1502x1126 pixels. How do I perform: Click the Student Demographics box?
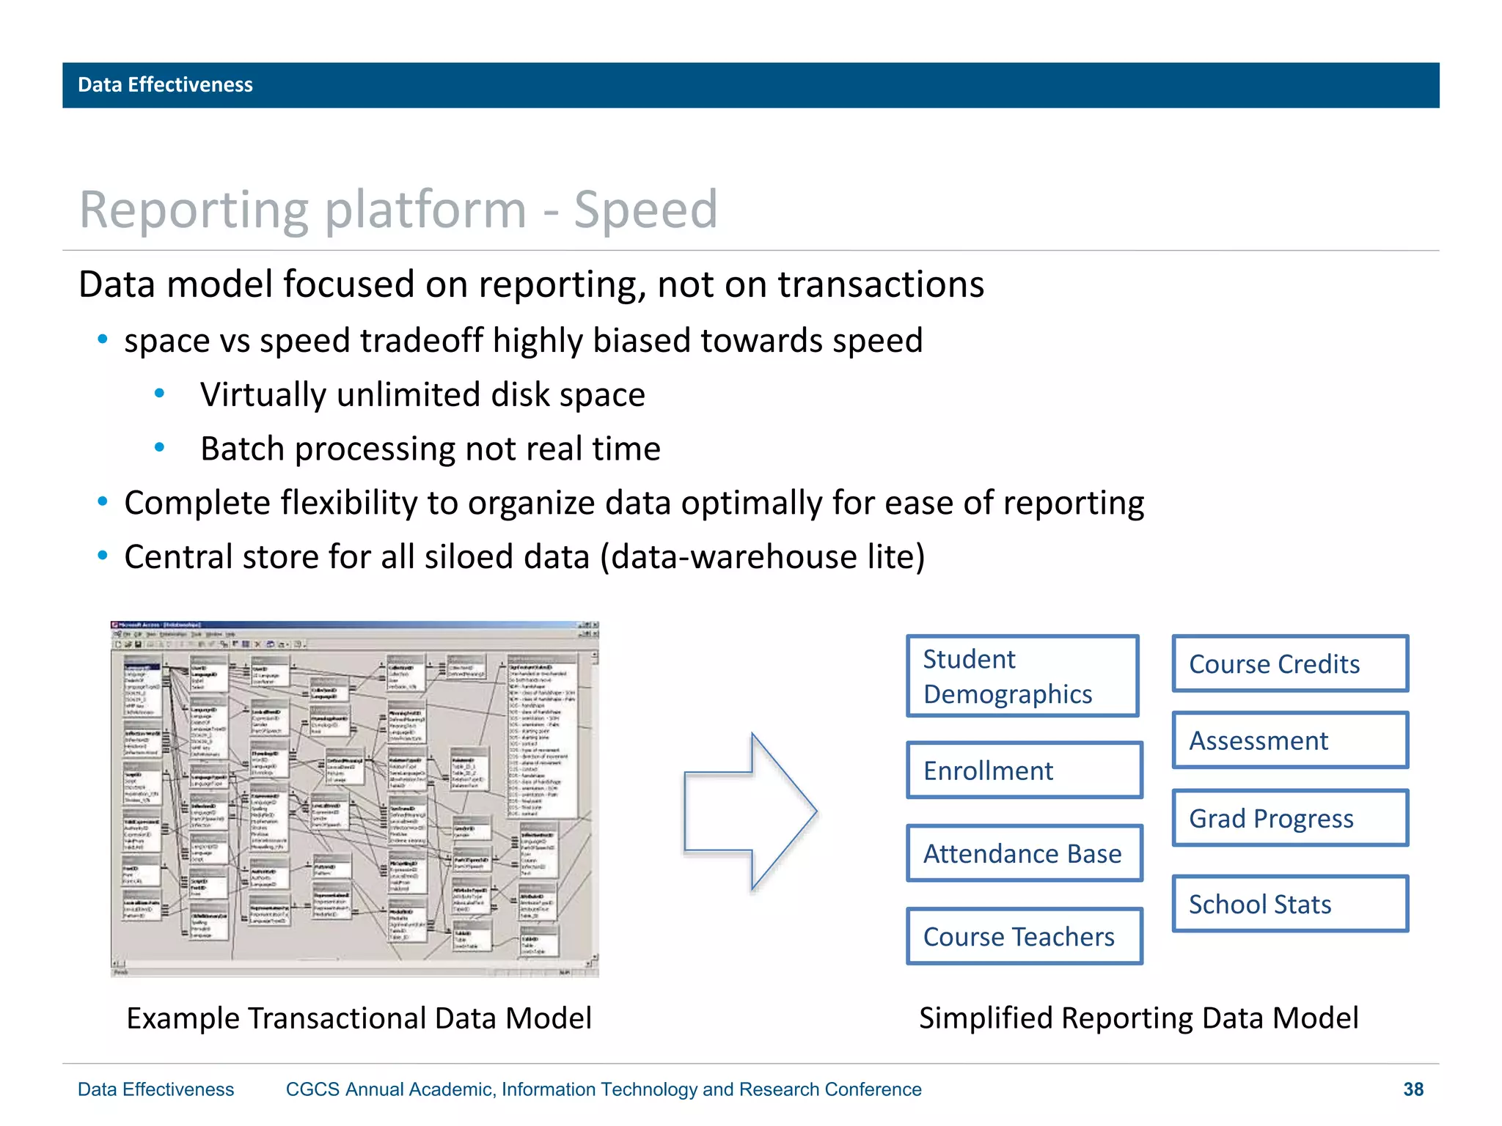coord(1022,676)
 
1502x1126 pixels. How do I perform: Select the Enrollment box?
coord(1025,770)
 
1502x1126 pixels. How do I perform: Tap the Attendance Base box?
coord(1025,853)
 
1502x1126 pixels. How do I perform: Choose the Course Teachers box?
coord(1025,936)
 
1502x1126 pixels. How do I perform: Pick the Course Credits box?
coord(1290,663)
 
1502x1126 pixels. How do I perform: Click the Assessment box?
coord(1290,740)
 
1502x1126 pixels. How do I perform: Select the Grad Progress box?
coord(1290,818)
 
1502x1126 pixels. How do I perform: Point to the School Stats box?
coord(1290,904)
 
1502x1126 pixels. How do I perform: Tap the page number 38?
coord(1413,1089)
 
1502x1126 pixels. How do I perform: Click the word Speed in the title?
coord(645,210)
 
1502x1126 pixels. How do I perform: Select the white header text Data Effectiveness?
coord(165,85)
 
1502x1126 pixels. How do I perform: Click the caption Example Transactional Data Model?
coord(359,1018)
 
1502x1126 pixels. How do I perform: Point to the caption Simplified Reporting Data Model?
coord(1138,1018)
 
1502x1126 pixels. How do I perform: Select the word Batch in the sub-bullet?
coord(242,449)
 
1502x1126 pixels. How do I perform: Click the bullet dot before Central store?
coord(103,556)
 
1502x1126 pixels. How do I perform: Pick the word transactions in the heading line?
coord(881,284)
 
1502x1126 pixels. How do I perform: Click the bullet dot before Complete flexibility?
coord(103,502)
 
